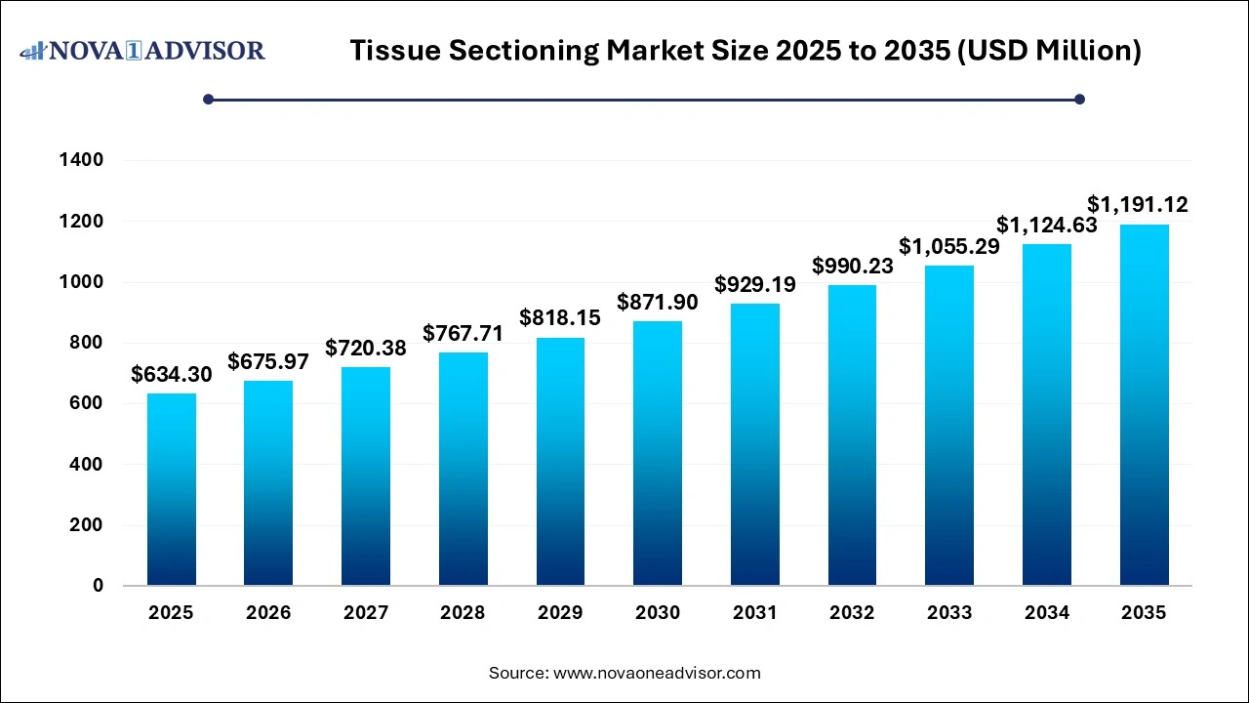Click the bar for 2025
coord(172,489)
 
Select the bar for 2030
coord(658,453)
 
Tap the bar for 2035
coord(1144,405)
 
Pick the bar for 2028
coord(463,469)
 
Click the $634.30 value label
coord(172,375)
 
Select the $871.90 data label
coord(658,303)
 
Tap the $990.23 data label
coord(852,267)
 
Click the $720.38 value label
coord(366,349)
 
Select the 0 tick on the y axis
coord(99,586)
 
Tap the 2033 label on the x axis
coord(949,613)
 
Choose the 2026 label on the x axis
coord(268,613)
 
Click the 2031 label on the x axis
coord(755,613)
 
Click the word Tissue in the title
coord(393,51)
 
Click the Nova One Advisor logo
coord(142,50)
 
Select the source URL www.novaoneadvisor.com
coord(657,673)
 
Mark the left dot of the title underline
coord(208,99)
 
